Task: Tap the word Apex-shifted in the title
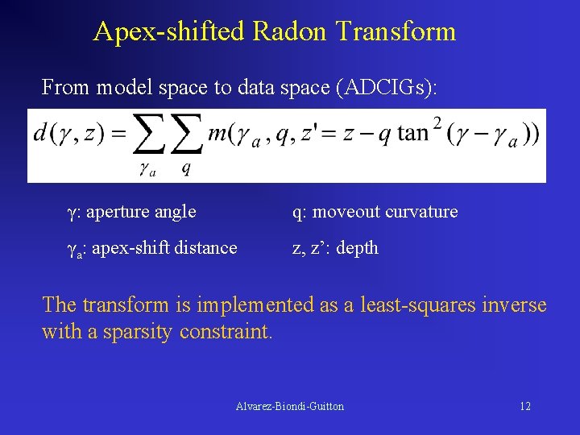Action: click(170, 31)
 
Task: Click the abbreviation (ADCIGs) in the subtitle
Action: click(389, 87)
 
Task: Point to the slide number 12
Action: click(524, 406)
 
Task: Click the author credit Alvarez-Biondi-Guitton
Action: click(290, 406)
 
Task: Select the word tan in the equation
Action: click(412, 133)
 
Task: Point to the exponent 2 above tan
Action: click(437, 122)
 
